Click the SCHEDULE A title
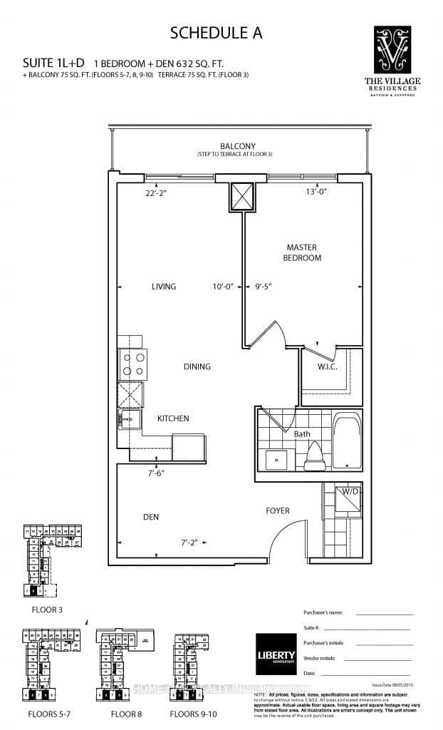221,33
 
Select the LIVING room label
163,287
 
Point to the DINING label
197,366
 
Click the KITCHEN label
173,418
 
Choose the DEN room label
150,517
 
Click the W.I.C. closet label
327,367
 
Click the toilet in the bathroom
314,458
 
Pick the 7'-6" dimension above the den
157,472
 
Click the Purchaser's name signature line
385,614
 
